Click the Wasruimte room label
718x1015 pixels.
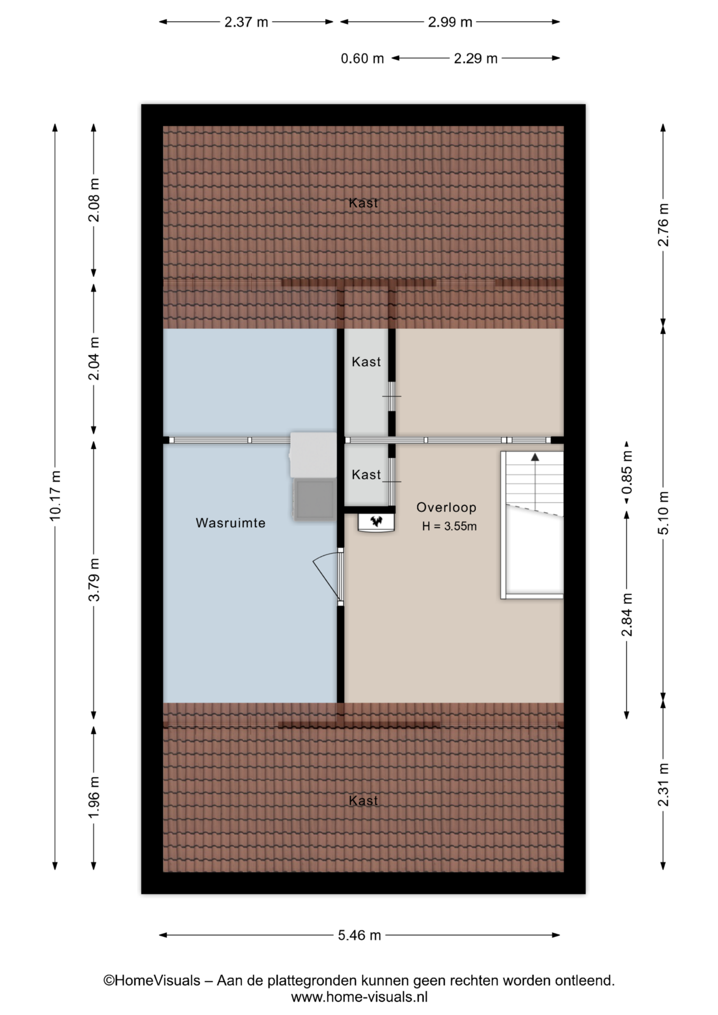(231, 523)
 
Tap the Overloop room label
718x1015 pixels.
(446, 508)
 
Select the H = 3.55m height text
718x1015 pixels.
(449, 527)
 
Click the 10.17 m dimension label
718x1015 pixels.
(56, 495)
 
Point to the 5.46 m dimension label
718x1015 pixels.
(360, 935)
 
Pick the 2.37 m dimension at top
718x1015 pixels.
(246, 22)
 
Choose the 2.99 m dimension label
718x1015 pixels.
(450, 22)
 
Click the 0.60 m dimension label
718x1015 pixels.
(362, 59)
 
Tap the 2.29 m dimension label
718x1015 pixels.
(476, 59)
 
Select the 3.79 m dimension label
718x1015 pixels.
(94, 580)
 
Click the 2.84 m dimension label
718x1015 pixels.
(627, 615)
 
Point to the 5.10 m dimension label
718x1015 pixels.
(664, 513)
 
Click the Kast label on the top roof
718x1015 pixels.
(363, 203)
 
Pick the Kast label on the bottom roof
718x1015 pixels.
(363, 801)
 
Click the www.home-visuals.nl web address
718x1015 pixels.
(360, 997)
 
